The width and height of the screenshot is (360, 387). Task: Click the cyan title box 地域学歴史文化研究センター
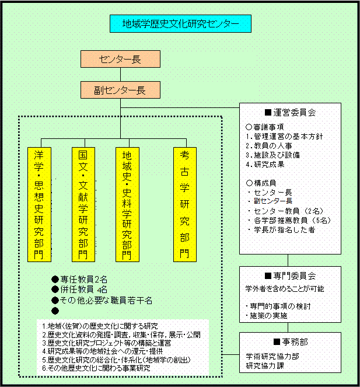point(180,24)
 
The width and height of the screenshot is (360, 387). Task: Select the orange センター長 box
point(120,59)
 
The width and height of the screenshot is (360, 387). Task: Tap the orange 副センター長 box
point(120,90)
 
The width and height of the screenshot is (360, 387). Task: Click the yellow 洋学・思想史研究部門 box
point(39,204)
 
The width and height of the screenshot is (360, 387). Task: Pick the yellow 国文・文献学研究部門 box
point(83,204)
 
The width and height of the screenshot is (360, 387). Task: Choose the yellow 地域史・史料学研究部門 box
point(127,204)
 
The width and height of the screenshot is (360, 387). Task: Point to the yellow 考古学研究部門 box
point(185,204)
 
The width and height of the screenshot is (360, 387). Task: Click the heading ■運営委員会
point(290,113)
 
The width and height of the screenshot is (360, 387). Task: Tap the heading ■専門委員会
point(290,276)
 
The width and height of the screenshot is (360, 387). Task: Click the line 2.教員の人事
point(269,145)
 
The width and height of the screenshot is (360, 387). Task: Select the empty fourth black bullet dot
point(55,311)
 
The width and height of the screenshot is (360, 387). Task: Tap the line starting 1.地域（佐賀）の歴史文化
point(100,326)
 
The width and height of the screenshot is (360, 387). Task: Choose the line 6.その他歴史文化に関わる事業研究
point(96,368)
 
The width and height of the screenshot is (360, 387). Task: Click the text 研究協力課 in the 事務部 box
point(265,365)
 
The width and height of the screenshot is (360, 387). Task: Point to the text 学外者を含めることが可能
point(285,288)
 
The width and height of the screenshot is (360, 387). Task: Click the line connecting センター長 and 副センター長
point(120,74)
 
